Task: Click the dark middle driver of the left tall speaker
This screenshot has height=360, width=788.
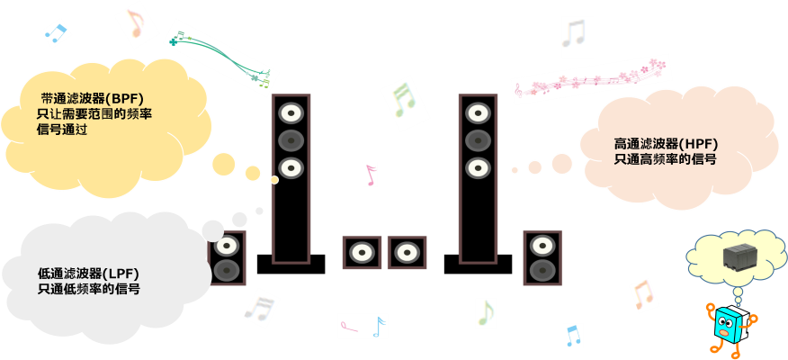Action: pyautogui.click(x=291, y=140)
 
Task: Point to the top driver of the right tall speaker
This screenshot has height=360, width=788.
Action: pyautogui.click(x=477, y=113)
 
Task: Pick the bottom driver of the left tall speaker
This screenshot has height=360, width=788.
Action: pyautogui.click(x=291, y=167)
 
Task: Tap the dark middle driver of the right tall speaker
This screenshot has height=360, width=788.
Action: pyautogui.click(x=477, y=140)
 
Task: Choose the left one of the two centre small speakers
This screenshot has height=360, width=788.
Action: pyautogui.click(x=362, y=253)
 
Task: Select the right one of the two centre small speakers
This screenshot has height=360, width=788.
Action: pyautogui.click(x=407, y=253)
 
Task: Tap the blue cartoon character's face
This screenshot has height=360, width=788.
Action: pyautogui.click(x=725, y=325)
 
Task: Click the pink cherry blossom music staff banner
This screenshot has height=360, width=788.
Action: pyautogui.click(x=591, y=77)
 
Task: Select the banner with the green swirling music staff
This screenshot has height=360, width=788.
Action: pyautogui.click(x=219, y=54)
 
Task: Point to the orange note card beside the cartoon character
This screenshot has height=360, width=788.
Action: pyautogui.click(x=642, y=294)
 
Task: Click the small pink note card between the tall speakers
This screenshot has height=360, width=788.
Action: pyautogui.click(x=370, y=175)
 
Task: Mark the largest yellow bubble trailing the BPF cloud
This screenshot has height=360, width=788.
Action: pyautogui.click(x=223, y=164)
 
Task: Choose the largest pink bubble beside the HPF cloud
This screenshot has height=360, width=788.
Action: pyautogui.click(x=561, y=163)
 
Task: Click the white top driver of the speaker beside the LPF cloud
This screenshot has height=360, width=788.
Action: pyautogui.click(x=227, y=246)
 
